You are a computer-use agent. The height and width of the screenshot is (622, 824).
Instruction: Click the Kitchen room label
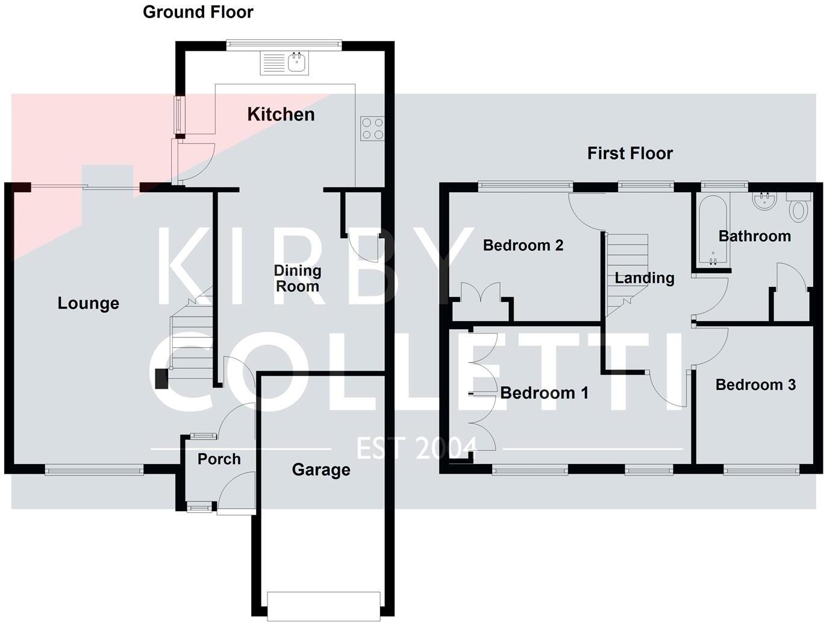pos(281,115)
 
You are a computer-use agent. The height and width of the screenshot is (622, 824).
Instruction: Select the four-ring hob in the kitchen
pos(372,128)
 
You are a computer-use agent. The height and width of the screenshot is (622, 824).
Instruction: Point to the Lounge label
pos(88,303)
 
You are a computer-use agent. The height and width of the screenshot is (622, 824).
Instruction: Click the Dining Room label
pos(297,278)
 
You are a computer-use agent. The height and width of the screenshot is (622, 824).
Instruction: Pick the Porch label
pos(219,459)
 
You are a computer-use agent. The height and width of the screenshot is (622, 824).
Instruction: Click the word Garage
pos(320,470)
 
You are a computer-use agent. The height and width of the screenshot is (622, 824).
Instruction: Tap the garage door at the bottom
pos(323,605)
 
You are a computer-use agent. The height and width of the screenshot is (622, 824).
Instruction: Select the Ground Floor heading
pos(198,12)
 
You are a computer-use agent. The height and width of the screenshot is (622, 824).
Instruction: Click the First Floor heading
pos(629,154)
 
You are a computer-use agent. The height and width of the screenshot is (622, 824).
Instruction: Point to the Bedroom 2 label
pos(523,245)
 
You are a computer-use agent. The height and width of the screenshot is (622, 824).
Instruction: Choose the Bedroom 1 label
pos(544,393)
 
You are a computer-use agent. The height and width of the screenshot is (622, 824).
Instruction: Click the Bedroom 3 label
pos(755,385)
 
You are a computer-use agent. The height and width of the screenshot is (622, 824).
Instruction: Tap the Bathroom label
pos(754,236)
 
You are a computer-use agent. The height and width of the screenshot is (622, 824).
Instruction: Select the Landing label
pos(644,278)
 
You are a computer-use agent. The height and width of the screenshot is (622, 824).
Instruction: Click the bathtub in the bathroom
pos(713,231)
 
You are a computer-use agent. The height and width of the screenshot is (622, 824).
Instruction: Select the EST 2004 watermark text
pos(416,448)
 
